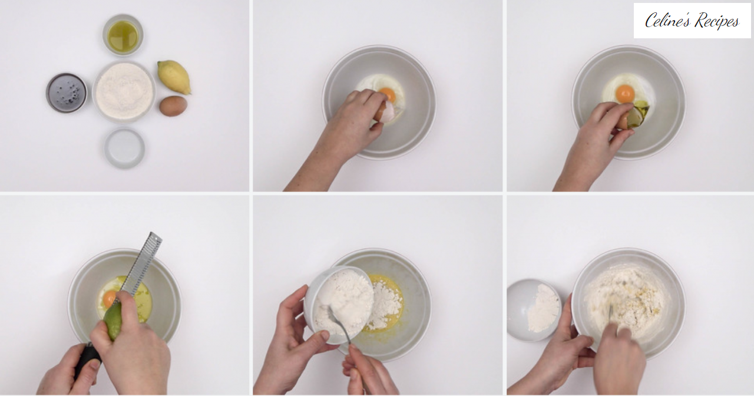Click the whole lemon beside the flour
174,77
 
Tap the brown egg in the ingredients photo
173,105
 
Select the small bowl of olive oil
123,35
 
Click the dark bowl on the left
67,93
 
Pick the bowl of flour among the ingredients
124,91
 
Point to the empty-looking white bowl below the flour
124,148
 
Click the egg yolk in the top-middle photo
388,94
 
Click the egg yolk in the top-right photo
625,94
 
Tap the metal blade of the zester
138,266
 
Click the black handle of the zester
87,360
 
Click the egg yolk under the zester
110,299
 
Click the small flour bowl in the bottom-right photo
534,310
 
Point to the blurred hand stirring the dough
619,360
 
